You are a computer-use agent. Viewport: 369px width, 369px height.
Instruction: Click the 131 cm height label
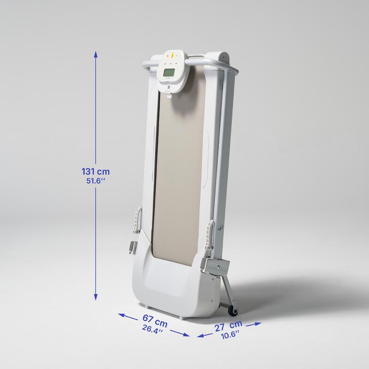[95, 171]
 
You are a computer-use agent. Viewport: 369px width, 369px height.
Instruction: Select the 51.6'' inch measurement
[95, 181]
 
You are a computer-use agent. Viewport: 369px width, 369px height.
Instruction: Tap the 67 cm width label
[155, 321]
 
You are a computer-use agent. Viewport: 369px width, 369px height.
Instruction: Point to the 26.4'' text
[153, 329]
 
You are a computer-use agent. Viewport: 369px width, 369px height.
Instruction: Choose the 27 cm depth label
[228, 326]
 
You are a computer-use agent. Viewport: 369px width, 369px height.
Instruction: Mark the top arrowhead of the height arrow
[95, 54]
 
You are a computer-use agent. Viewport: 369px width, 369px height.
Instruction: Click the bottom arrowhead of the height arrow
[95, 297]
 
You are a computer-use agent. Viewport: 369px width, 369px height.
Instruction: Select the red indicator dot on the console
[168, 56]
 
